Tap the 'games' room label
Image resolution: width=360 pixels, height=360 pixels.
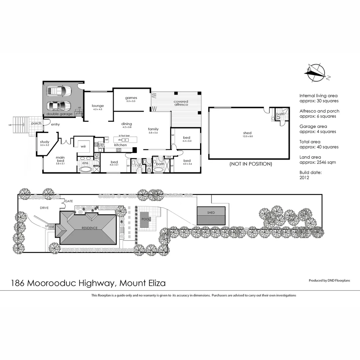point(131,98)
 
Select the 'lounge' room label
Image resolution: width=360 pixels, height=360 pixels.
point(98,106)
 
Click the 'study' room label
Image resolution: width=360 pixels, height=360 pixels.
point(45,142)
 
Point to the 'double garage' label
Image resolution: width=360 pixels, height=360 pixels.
point(59,114)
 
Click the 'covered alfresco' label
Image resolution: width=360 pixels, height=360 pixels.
point(181,103)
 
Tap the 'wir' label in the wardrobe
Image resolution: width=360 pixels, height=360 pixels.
point(83,146)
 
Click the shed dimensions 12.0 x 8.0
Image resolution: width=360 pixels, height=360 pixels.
point(247,137)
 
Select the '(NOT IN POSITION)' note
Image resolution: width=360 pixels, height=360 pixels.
point(250,164)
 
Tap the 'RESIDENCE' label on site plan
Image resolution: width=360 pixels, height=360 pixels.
point(90,228)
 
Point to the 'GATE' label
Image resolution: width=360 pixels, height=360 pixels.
point(69,201)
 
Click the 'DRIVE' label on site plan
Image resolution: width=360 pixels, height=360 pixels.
point(44,208)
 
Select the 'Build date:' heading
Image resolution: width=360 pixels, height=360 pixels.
point(310,172)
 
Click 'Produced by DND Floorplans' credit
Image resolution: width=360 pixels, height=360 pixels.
point(329,281)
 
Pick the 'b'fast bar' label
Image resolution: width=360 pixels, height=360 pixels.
point(121,136)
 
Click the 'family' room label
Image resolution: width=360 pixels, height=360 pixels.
point(153,129)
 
